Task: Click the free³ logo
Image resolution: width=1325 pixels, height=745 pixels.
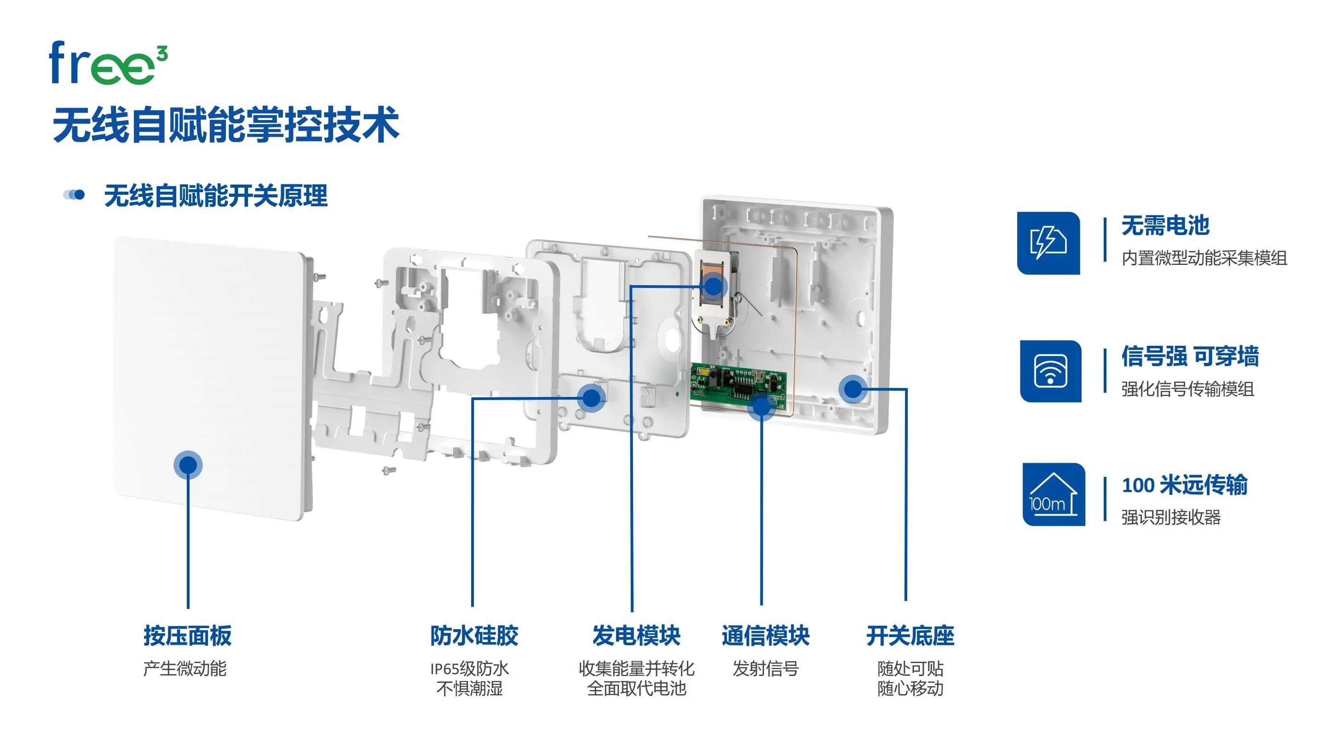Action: [108, 63]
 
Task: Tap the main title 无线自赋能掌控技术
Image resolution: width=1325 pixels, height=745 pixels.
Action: [226, 125]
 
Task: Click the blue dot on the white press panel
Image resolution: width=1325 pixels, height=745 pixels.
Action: [188, 465]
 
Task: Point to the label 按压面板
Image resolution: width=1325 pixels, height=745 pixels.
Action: [187, 636]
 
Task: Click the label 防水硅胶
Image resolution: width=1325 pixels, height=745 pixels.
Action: [474, 636]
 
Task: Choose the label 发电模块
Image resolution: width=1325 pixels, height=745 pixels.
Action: [636, 636]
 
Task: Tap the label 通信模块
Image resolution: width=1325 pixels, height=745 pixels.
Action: [766, 636]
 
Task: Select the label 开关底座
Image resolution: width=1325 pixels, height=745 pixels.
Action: [910, 636]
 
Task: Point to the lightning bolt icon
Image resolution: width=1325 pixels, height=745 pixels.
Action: [1048, 243]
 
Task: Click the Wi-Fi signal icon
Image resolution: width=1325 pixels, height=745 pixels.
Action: [1050, 371]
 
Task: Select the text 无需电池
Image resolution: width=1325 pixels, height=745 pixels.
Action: [1165, 226]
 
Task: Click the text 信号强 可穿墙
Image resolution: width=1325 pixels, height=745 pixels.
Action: [1190, 356]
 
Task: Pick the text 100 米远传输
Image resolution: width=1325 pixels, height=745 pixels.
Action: [1184, 485]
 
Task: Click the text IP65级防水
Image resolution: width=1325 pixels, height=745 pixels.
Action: [469, 669]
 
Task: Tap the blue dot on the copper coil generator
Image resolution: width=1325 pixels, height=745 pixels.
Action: [713, 287]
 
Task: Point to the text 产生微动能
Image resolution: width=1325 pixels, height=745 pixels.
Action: [184, 669]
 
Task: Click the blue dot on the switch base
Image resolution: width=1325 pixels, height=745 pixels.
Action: [853, 389]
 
